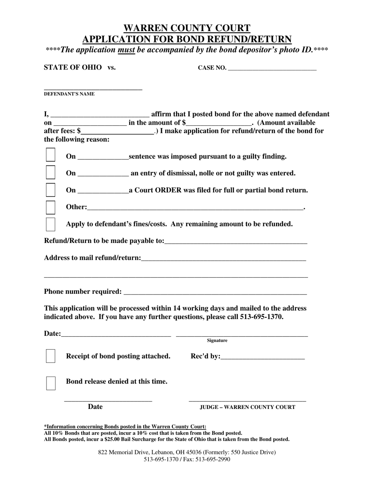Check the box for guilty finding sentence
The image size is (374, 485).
[50, 155]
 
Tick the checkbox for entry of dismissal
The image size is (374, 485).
[50, 172]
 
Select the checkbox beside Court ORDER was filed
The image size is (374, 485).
[50, 189]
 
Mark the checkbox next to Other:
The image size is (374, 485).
[50, 207]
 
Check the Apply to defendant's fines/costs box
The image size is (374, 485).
[50, 224]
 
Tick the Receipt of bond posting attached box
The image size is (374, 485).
[50, 356]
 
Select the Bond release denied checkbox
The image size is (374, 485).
[51, 383]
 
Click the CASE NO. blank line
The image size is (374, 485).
[272, 67]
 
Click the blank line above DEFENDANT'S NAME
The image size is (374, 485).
[93, 88]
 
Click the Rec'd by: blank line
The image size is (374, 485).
[263, 356]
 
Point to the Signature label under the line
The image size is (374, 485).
[217, 340]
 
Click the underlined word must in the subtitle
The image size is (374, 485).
[126, 50]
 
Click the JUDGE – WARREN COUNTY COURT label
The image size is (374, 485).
[247, 407]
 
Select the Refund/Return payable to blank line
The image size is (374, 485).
[235, 241]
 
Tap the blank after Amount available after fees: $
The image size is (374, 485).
[118, 131]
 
